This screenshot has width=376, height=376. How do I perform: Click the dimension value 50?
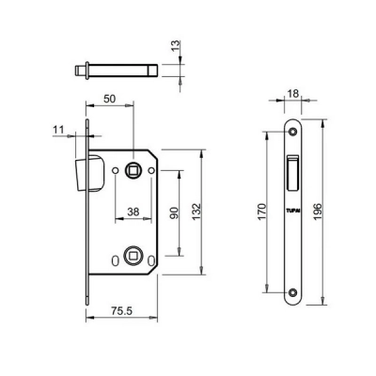(x=110, y=98)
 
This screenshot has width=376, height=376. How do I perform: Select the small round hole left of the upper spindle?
(x=115, y=171)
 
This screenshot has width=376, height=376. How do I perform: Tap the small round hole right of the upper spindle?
(x=150, y=171)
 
